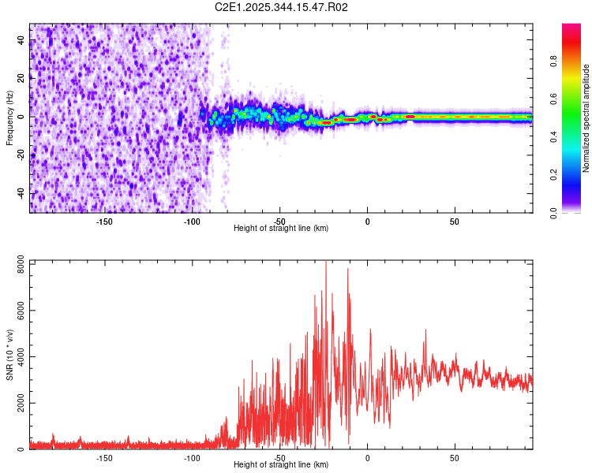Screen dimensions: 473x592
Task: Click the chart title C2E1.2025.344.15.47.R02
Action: coord(282,7)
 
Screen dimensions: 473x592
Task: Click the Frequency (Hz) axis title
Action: coord(9,118)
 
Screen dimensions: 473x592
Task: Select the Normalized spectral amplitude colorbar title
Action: coord(586,118)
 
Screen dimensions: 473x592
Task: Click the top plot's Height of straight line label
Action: coord(281,228)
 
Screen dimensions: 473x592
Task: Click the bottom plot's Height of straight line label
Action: coord(281,464)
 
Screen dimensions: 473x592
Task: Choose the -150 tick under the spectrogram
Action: coord(104,221)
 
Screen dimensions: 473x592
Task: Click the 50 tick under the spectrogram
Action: coord(455,221)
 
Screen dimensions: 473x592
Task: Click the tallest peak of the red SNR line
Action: coord(326,263)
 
